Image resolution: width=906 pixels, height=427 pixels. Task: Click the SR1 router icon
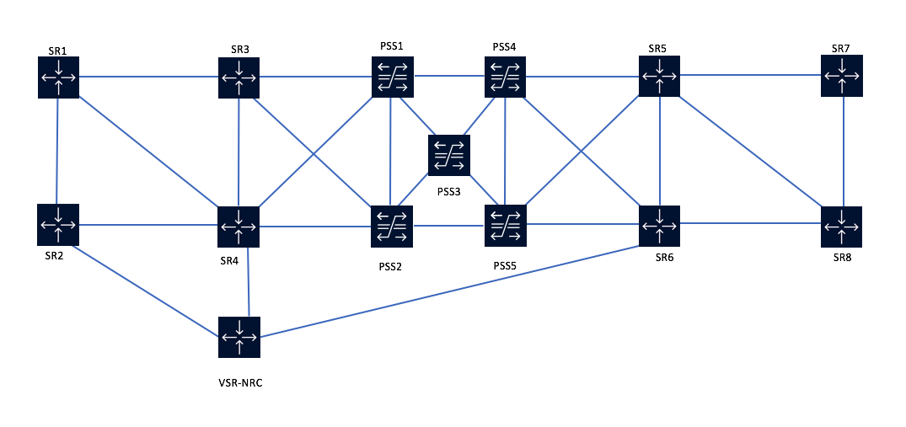click(x=58, y=77)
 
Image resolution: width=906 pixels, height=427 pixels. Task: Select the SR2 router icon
click(x=58, y=225)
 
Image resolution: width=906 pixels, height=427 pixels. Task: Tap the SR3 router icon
click(x=239, y=77)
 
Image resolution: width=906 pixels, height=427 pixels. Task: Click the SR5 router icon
click(x=659, y=76)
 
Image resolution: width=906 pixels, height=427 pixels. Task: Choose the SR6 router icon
click(x=659, y=226)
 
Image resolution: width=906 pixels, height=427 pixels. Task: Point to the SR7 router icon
click(x=842, y=76)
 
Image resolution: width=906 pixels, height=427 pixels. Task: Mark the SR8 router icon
click(x=842, y=226)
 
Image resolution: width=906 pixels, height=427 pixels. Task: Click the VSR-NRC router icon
click(x=239, y=337)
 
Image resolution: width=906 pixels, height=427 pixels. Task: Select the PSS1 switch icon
click(x=392, y=77)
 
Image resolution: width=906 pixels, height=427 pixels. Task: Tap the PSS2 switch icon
click(x=392, y=227)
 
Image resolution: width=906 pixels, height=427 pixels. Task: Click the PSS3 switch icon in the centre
click(x=448, y=155)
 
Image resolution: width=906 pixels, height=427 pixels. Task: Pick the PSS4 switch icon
click(x=505, y=77)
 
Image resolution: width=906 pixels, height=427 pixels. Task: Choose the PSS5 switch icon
click(x=505, y=226)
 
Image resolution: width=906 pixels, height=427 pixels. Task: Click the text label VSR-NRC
click(x=241, y=382)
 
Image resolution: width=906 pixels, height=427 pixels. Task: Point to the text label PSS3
click(x=449, y=192)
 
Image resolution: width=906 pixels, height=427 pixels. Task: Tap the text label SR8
click(x=842, y=257)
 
